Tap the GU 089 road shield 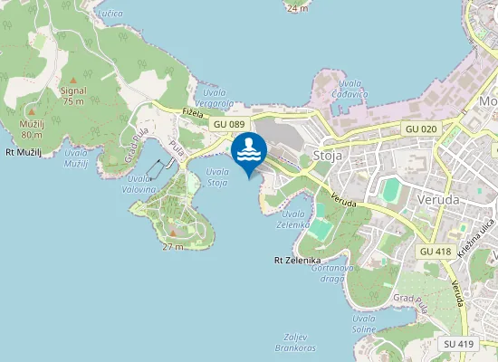click(230, 124)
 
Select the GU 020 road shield click(421, 129)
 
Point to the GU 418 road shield click(436, 250)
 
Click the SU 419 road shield click(459, 344)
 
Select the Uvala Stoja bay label click(217, 177)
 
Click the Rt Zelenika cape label click(292, 260)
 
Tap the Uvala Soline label click(364, 324)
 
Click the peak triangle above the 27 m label click(173, 233)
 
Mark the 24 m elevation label click(296, 7)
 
